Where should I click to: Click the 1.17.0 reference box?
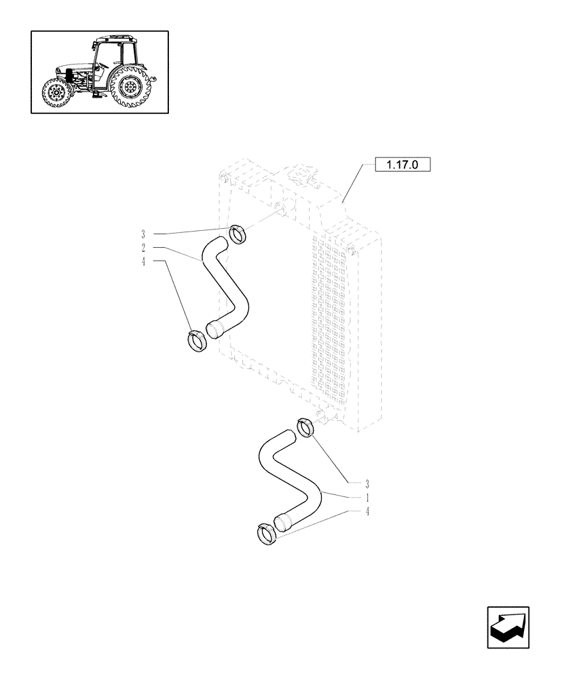403,165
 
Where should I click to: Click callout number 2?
143,248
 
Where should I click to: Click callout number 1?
367,498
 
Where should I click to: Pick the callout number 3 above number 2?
143,234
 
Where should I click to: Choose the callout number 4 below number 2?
143,261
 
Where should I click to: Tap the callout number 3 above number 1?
367,484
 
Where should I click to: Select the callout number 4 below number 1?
367,511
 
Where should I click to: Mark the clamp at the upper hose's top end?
237,234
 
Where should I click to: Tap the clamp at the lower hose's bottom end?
266,533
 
